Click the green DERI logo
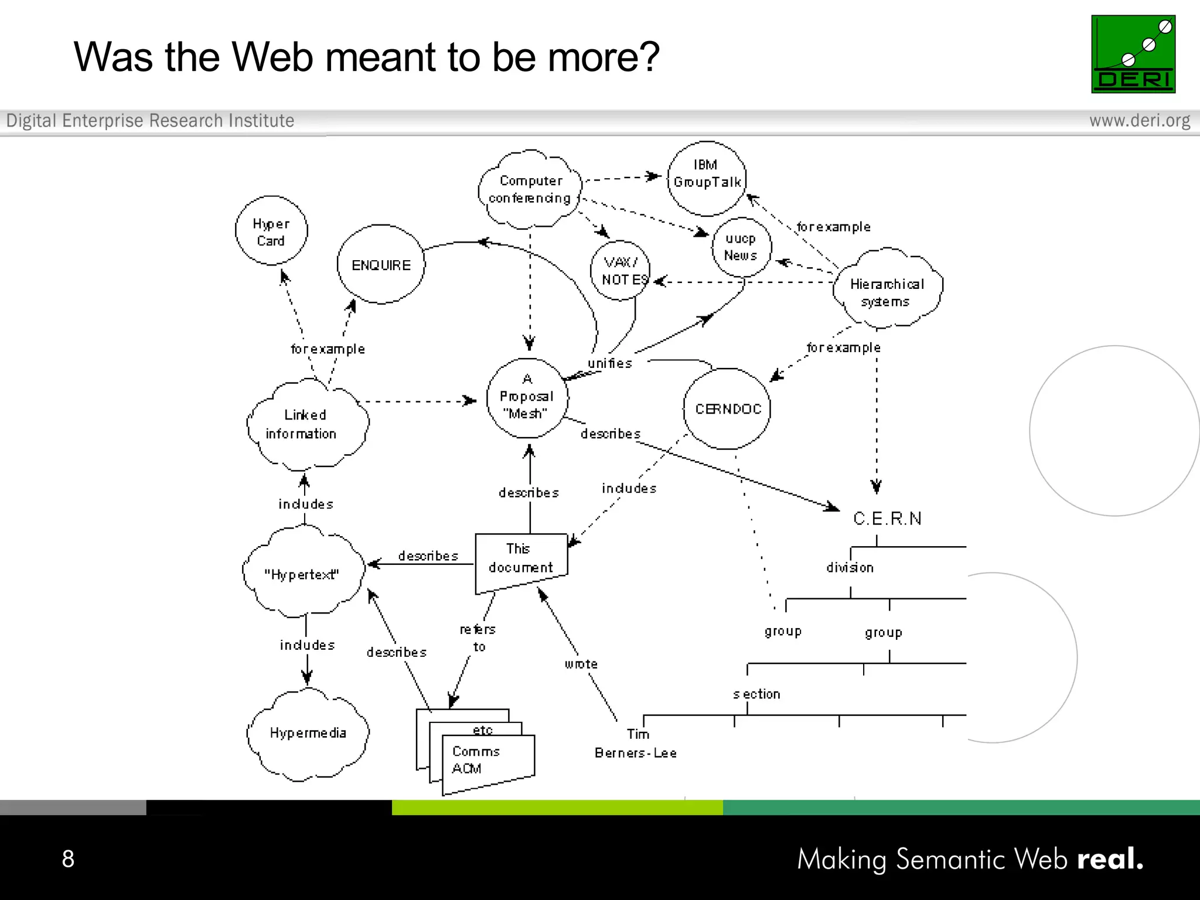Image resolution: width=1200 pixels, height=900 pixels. point(1133,54)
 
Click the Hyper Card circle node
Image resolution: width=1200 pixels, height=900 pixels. point(271,231)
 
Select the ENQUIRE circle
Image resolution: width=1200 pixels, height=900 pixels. point(381,264)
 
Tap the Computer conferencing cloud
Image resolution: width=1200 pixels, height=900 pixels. point(530,189)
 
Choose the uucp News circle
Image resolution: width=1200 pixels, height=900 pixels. point(741,247)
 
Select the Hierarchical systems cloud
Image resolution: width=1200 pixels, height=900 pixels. point(887,289)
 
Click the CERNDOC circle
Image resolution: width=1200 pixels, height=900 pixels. point(727,408)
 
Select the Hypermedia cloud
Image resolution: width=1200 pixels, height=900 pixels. point(308,734)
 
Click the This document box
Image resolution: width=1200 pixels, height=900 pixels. point(521,560)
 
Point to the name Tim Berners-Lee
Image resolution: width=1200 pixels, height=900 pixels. point(636,744)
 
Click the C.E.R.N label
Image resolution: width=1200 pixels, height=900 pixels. point(887,519)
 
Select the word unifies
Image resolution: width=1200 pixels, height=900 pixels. point(609,363)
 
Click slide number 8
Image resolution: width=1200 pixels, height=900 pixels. point(68,858)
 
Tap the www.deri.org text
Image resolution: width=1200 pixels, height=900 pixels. point(1139,121)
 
